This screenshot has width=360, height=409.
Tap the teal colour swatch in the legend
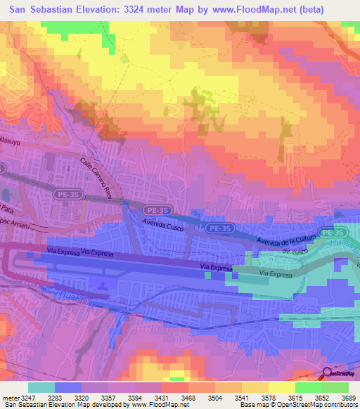click(x=41, y=387)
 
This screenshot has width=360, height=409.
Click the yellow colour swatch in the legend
click(x=281, y=387)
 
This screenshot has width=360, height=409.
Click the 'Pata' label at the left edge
click(x=7, y=209)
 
